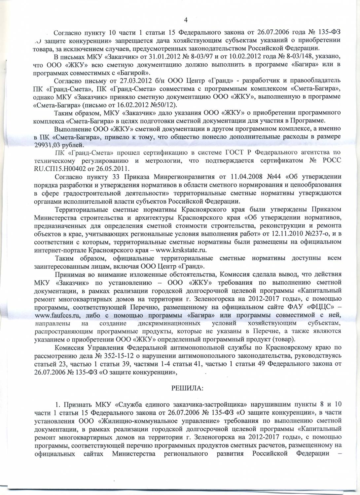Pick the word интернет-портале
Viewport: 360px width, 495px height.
pos(54,250)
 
